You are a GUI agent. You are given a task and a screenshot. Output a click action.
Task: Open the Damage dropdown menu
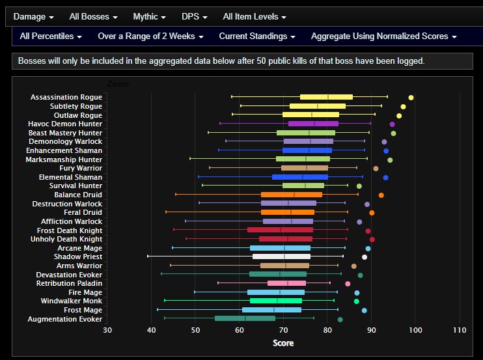[33, 16]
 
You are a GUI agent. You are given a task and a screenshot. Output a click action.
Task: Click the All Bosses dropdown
[93, 16]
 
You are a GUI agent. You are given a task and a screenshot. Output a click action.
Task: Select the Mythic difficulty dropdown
[149, 16]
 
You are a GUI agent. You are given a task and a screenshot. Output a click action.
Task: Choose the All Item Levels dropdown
[254, 16]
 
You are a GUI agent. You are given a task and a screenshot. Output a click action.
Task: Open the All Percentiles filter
[51, 36]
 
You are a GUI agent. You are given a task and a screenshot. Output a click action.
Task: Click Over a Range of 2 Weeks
[150, 36]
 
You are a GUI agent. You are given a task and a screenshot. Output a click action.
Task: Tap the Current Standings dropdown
[257, 36]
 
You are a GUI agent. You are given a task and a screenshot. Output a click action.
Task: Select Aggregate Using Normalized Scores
[384, 36]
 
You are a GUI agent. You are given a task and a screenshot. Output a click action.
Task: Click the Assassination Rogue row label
[66, 97]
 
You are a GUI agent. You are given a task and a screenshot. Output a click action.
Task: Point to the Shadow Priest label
[77, 257]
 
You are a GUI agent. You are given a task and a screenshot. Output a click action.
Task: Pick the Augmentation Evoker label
[64, 319]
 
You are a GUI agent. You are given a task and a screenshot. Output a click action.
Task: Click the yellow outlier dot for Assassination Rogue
[411, 98]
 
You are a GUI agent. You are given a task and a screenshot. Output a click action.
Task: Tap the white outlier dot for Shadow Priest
[365, 257]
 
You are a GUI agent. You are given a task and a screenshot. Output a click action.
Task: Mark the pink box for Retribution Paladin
[286, 283]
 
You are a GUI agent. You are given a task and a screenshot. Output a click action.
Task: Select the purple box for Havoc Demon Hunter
[313, 124]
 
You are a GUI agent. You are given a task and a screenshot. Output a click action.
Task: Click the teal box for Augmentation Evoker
[245, 318]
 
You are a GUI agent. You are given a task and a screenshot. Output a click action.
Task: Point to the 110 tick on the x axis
[460, 331]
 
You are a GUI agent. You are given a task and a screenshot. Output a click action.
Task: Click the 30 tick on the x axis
[107, 331]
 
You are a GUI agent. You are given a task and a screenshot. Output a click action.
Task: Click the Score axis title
[283, 343]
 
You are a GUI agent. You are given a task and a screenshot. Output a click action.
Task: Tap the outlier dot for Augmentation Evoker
[340, 319]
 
